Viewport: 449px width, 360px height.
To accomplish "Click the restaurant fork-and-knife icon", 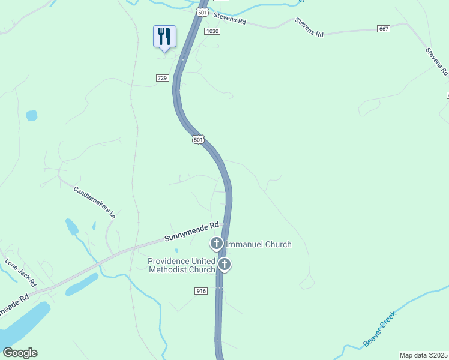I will click(x=164, y=37).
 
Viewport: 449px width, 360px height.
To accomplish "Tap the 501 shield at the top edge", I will click(x=202, y=12).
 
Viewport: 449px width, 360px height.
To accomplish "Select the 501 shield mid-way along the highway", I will click(x=199, y=140).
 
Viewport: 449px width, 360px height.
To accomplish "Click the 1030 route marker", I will click(x=212, y=31).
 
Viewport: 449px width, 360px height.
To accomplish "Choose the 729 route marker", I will click(x=162, y=78).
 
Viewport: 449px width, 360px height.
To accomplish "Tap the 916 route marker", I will click(x=201, y=290).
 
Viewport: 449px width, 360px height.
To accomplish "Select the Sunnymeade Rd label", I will click(x=191, y=232).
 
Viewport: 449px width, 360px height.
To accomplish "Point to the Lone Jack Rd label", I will click(x=21, y=272).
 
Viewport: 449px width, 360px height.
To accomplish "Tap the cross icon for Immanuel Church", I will click(x=216, y=244).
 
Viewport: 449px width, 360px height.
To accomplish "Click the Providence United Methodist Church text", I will click(x=182, y=265).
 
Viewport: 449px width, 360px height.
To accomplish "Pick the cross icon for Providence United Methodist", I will click(x=224, y=264).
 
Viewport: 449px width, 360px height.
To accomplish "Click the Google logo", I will click(x=20, y=353).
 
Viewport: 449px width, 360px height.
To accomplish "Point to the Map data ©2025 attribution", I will click(x=423, y=355).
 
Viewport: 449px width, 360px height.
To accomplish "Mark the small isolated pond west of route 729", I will click(x=31, y=115).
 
